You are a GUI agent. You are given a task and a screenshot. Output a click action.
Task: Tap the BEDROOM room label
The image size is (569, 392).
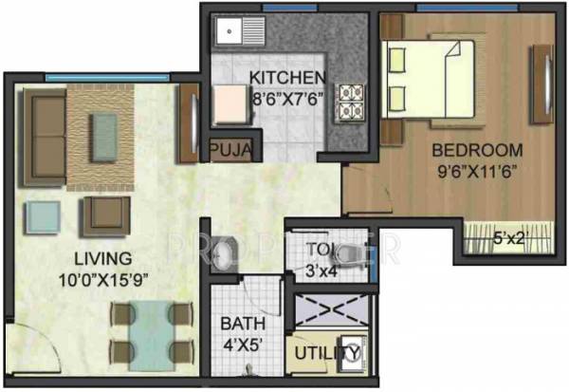tap(477, 150)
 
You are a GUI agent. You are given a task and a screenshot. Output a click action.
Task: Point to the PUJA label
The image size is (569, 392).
tap(230, 150)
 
